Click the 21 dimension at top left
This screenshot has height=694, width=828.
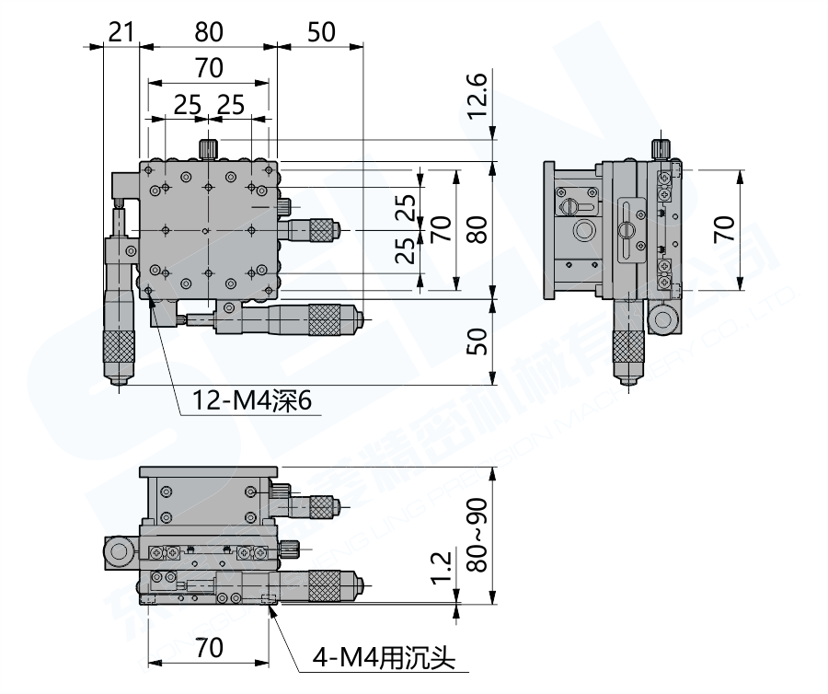tap(120, 32)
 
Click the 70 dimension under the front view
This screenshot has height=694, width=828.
tap(209, 647)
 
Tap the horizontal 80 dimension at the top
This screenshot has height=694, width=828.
tap(209, 32)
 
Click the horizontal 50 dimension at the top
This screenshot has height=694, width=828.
tap(319, 32)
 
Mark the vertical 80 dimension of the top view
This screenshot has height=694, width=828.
tap(477, 228)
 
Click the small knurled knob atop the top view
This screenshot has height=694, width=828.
tap(209, 147)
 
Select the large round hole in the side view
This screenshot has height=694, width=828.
tap(583, 229)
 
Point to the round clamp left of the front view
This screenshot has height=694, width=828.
tap(121, 551)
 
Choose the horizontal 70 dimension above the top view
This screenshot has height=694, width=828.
tap(209, 67)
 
